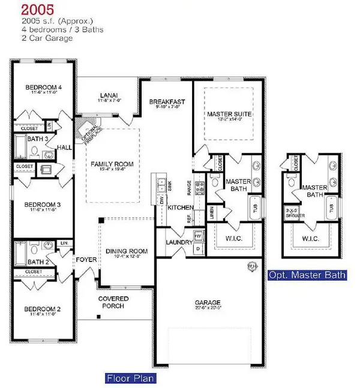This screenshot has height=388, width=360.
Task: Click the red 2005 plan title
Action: [x=29, y=9]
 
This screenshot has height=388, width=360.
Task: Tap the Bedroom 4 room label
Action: [x=43, y=88]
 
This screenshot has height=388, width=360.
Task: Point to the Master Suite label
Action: [x=229, y=113]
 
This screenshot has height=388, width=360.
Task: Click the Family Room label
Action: [x=112, y=164]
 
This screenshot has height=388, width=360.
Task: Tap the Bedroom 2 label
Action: [x=43, y=309]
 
